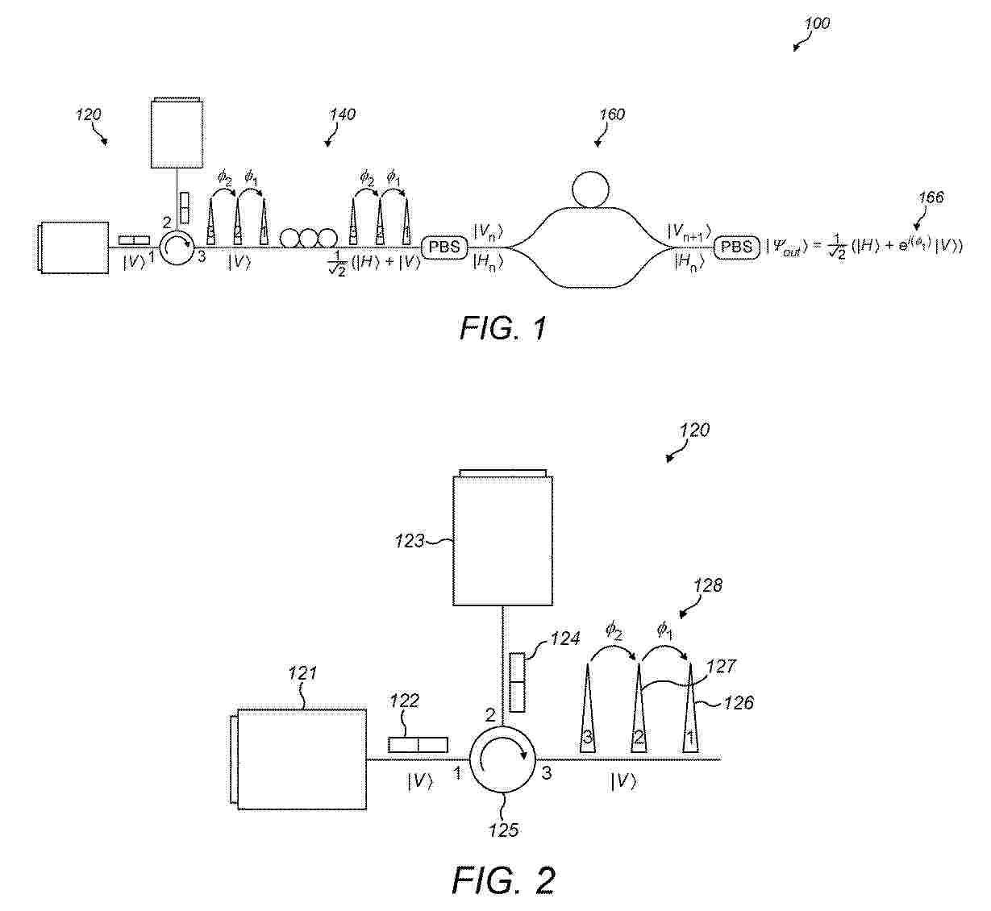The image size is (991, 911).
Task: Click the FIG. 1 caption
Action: coord(503,328)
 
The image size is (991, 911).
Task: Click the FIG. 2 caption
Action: coord(504,880)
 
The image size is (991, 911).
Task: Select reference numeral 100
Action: coord(817,23)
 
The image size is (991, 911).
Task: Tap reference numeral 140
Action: coord(343,114)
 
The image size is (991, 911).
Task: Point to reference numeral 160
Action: coord(612,114)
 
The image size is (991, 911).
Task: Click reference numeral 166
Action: coord(931,198)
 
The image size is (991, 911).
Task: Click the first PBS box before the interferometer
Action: coord(444,247)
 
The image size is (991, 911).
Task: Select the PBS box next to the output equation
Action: coord(736,247)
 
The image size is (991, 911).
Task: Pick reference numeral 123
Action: coord(410,541)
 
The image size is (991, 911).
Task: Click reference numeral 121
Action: coord(302,673)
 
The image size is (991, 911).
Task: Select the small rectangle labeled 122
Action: coord(418,744)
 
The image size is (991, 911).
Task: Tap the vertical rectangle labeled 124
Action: coord(517,682)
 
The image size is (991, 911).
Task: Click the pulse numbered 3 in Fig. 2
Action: coord(587,708)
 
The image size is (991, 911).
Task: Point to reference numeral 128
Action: coord(708,585)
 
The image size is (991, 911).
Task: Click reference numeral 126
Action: coord(739,703)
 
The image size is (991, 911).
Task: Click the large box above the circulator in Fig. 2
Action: coord(503,540)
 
